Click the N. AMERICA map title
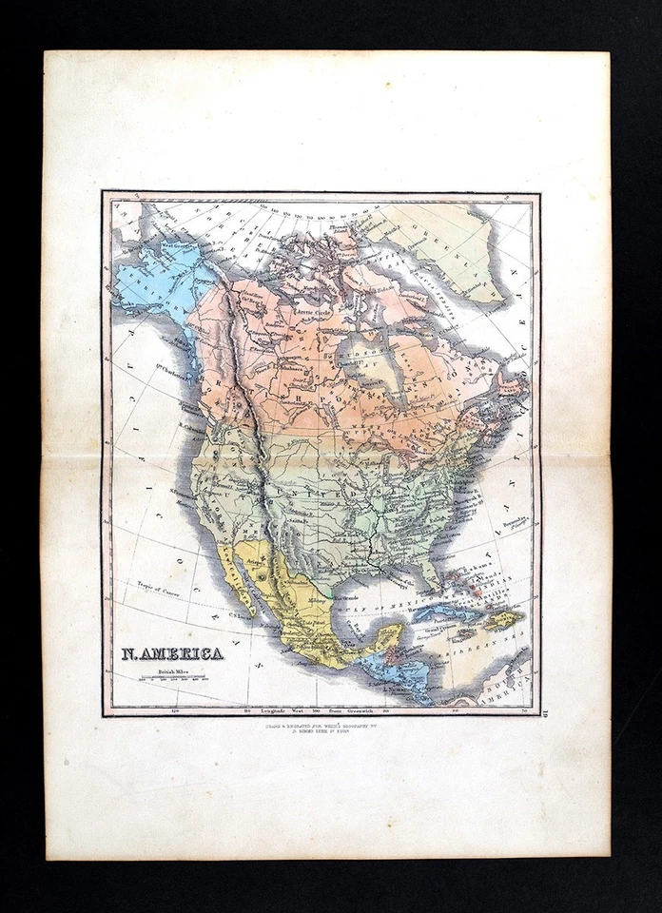(x=172, y=653)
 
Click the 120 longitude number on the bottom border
(x=173, y=709)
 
